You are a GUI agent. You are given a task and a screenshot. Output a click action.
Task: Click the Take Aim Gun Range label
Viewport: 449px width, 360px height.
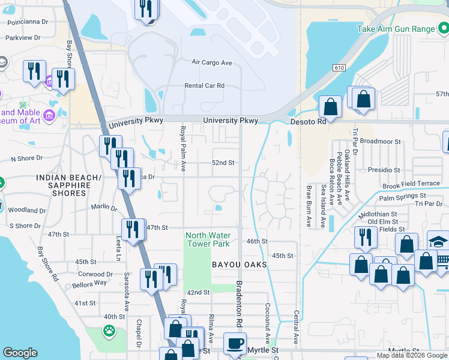tap(395, 29)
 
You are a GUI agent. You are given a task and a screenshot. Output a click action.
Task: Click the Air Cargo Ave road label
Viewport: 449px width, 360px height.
tap(211, 62)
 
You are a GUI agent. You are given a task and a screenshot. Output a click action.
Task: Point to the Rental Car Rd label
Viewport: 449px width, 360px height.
tap(204, 86)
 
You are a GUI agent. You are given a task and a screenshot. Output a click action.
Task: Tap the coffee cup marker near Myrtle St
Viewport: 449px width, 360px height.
tap(235, 344)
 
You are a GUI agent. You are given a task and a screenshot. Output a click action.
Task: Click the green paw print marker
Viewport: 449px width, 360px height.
tap(109, 331)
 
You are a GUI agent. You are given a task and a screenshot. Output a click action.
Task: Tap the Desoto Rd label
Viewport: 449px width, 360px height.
tap(308, 121)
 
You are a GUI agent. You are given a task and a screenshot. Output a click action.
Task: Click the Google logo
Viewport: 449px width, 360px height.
tap(20, 353)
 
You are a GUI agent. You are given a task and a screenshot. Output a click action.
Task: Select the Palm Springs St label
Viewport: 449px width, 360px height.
tap(402, 196)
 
